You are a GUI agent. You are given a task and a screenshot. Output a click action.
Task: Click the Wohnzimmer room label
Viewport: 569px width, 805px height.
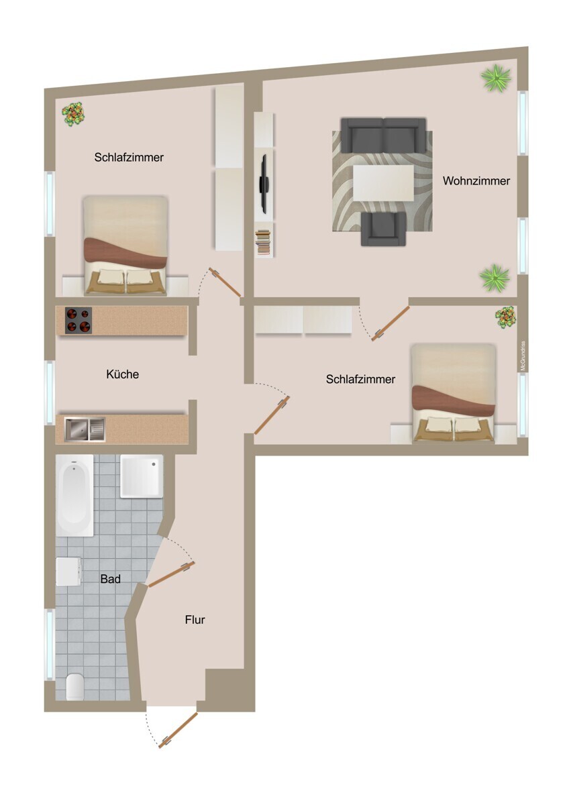pos(476,181)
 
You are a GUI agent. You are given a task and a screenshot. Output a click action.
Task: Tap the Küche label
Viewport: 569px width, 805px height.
pos(123,374)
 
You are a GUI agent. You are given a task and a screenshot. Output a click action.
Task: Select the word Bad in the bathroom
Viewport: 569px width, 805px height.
pos(110,578)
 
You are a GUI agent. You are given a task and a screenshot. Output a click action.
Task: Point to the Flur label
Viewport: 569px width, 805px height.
pos(195,620)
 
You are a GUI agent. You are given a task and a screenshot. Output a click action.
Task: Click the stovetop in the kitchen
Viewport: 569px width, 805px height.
pos(78,321)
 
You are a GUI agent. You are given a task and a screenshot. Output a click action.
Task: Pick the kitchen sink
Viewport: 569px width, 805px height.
pos(85,429)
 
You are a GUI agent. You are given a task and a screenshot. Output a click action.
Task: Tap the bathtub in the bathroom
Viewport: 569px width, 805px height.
pos(74,495)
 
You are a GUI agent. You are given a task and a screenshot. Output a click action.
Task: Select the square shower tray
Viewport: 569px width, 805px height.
pos(142,476)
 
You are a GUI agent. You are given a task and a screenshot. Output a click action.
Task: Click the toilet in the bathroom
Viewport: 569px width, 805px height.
pos(75,686)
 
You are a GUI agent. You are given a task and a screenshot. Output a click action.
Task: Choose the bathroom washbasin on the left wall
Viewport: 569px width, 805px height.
pos(68,572)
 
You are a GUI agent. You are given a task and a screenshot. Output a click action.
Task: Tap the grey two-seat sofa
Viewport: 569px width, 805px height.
pos(383,135)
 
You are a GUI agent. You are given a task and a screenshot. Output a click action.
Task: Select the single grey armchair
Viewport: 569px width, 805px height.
pos(383,229)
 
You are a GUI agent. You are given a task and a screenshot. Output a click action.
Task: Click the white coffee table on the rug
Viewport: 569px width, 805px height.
pos(382,182)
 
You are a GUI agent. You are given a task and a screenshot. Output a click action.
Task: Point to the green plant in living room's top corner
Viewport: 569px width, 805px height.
pos(496,79)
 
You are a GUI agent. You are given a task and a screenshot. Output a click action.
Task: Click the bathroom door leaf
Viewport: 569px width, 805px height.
pos(171,575)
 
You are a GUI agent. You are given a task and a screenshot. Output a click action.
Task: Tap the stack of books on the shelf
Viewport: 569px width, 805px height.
pos(264,242)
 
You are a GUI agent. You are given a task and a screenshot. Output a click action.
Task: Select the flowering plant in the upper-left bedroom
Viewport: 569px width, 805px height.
pos(73,113)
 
